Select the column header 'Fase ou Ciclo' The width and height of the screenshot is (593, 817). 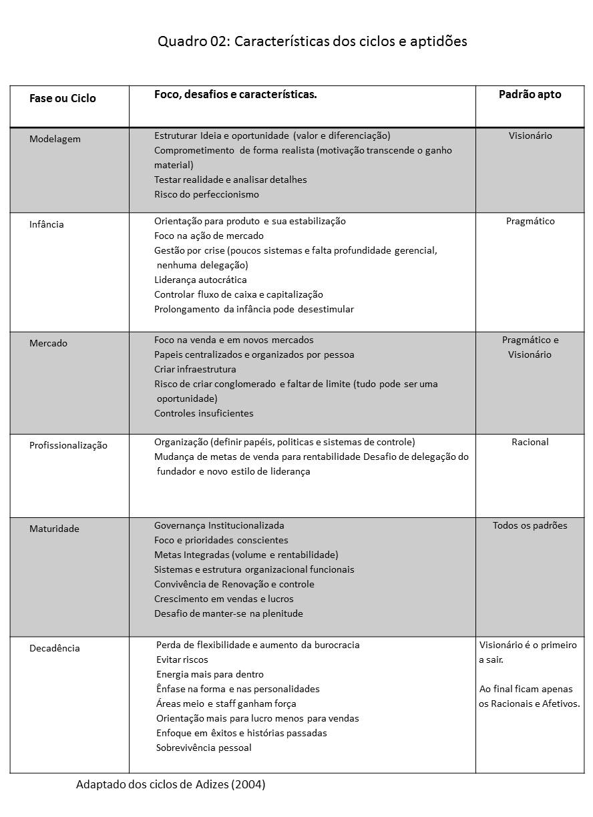[x=63, y=99]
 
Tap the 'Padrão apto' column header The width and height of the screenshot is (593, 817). [x=530, y=95]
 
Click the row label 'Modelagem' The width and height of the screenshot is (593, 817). [x=55, y=140]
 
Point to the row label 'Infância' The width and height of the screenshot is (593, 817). [x=47, y=225]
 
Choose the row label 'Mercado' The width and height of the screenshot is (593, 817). [x=48, y=344]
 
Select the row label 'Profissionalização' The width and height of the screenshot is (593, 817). [x=68, y=446]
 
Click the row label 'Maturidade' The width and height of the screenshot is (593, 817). [x=54, y=529]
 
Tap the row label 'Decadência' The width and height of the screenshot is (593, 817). [x=55, y=649]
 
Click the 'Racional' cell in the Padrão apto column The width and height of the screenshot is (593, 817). [x=530, y=443]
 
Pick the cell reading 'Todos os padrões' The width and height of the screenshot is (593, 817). [x=530, y=526]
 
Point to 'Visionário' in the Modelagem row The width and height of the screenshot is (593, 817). [x=530, y=136]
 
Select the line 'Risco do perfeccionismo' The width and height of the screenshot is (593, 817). [x=206, y=195]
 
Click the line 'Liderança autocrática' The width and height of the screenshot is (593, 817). [x=200, y=280]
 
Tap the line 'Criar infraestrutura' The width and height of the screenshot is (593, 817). [x=195, y=370]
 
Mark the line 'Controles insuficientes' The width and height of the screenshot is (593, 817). [x=204, y=414]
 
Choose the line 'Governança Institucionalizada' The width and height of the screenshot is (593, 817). [x=219, y=526]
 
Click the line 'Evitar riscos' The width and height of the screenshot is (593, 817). [x=182, y=660]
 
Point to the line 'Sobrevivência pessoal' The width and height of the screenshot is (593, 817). [x=204, y=748]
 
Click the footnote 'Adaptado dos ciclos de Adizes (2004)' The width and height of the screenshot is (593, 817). [x=170, y=785]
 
